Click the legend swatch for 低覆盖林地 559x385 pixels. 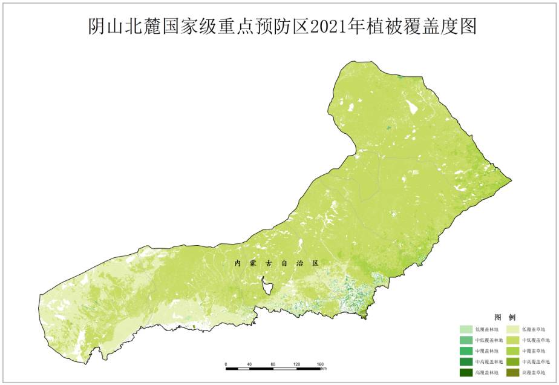coord(465,329)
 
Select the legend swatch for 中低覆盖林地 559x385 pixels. coord(465,340)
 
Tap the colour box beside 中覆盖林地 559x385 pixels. coord(465,351)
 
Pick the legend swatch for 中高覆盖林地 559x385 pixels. coord(465,361)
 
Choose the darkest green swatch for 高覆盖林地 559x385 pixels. coord(465,372)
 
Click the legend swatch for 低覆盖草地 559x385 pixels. coord(511,329)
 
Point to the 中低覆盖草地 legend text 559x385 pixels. coord(536,340)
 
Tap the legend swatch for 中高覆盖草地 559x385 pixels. coord(511,361)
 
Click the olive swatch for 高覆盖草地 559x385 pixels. coord(511,372)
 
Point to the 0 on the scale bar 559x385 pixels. coord(226,364)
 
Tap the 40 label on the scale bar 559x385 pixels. coord(249,364)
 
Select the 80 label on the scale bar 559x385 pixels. coord(273,364)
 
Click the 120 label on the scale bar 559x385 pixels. coord(296,364)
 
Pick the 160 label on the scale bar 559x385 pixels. coord(320,364)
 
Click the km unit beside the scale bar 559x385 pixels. coord(324,369)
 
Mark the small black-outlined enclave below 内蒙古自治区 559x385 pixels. coord(265,282)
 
